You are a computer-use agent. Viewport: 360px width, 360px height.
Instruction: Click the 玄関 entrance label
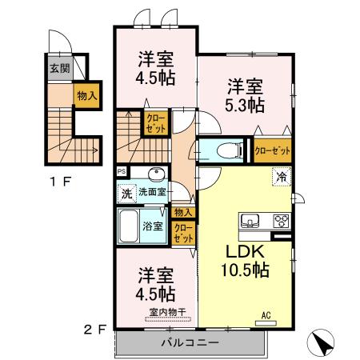tap(59, 69)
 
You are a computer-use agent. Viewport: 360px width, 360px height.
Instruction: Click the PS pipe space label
tap(122, 171)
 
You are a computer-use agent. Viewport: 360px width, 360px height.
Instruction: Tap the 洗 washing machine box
tap(126, 193)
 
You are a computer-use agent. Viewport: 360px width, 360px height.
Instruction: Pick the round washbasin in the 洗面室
tap(157, 175)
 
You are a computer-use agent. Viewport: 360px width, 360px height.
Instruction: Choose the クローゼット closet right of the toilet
tap(273, 150)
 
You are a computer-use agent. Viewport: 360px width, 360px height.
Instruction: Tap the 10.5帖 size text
tap(244, 270)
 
